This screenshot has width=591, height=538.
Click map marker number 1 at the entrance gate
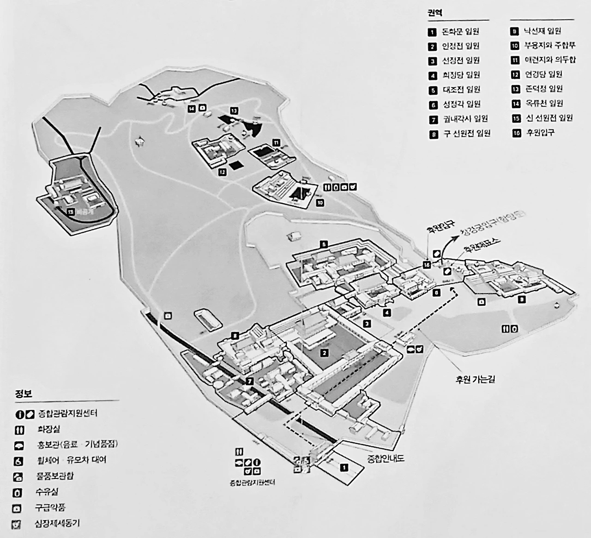coord(343,467)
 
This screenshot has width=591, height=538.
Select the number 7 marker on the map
coord(249,381)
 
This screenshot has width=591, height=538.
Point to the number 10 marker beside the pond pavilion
coord(320,202)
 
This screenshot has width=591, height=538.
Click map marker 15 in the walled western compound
coord(70,212)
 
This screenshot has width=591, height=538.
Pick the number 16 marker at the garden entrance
coord(427,265)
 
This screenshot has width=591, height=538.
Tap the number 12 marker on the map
coord(222,172)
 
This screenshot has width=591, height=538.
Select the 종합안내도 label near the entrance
coord(385,459)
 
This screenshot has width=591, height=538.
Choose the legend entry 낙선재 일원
coord(542,31)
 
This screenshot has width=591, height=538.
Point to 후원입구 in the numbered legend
coord(539,133)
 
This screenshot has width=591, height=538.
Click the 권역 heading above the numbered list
coord(434,13)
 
